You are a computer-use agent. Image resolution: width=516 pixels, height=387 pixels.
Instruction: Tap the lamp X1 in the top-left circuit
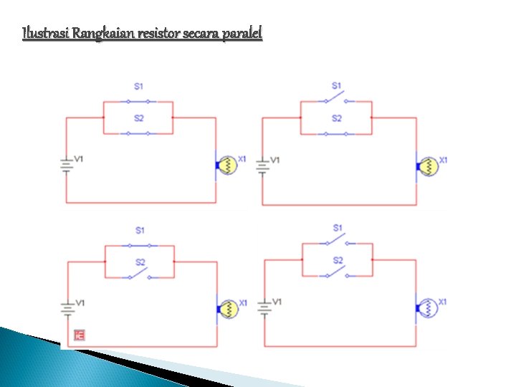[x=226, y=165]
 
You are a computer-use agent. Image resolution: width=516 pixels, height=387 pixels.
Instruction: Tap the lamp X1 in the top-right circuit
[x=429, y=166]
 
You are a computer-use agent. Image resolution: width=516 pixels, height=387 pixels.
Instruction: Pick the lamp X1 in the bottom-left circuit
[x=229, y=309]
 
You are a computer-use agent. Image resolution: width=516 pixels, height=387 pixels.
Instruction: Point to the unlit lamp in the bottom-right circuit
[x=429, y=307]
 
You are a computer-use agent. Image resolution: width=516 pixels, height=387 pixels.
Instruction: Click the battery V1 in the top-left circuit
[x=67, y=166]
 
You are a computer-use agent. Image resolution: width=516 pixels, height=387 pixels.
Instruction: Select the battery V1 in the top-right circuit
[x=263, y=167]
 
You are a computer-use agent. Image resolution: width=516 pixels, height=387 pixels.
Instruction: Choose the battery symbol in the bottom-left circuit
[x=67, y=309]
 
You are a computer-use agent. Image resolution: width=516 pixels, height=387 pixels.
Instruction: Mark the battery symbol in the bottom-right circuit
[x=264, y=308]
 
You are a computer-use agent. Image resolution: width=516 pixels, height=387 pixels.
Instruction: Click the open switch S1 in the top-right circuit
[x=335, y=95]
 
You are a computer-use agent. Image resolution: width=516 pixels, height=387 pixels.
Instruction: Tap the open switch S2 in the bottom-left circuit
[x=139, y=274]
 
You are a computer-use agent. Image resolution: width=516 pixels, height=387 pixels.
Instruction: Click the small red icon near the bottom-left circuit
[x=80, y=335]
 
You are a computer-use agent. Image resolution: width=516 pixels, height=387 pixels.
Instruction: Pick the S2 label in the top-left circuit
[x=139, y=118]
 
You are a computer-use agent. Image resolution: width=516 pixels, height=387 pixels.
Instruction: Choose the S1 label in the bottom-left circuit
[x=140, y=230]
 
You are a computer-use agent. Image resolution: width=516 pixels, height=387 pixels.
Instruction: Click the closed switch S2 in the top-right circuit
[x=336, y=133]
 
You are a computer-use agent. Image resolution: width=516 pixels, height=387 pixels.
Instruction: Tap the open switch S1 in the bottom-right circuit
[x=336, y=236]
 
